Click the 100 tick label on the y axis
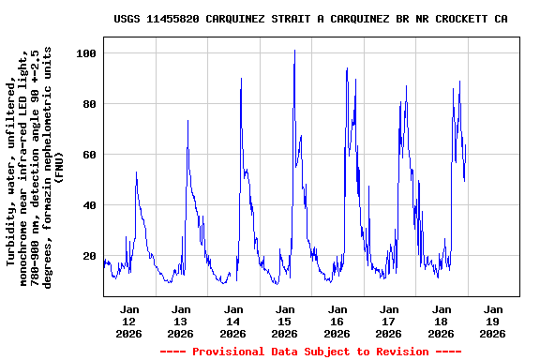tap(87, 53)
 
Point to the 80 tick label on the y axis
tap(90, 104)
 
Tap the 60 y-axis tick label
tap(90, 155)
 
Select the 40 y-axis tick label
tap(90, 205)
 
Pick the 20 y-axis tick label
tap(90, 256)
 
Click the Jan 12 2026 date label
tap(129, 321)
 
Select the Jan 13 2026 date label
tap(181, 321)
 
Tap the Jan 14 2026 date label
tap(233, 321)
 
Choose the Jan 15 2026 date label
tap(285, 321)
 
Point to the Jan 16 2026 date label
tap(337, 321)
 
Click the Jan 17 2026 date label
tap(388, 321)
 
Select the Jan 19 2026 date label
tap(492, 321)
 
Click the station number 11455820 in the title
tap(173, 19)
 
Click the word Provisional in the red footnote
tap(225, 352)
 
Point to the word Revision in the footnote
tap(401, 352)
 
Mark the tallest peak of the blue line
tap(294, 51)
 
